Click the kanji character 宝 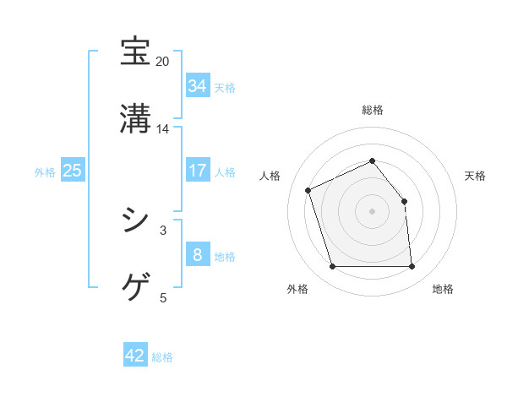point(136,52)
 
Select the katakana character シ point(136,220)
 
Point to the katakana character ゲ point(136,288)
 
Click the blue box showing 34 point(198,85)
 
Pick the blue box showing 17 point(198,171)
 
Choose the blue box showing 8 point(198,254)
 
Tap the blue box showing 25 point(73,171)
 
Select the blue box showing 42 point(135,356)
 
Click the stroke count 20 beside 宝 point(163,62)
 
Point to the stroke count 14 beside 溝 point(163,129)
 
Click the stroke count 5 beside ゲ point(163,297)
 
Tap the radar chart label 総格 point(373,110)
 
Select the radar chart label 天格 point(475,176)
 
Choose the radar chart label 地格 point(443,290)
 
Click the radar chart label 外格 point(297,290)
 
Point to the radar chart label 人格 point(270,176)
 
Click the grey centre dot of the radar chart point(373,211)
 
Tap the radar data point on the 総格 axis point(373,160)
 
